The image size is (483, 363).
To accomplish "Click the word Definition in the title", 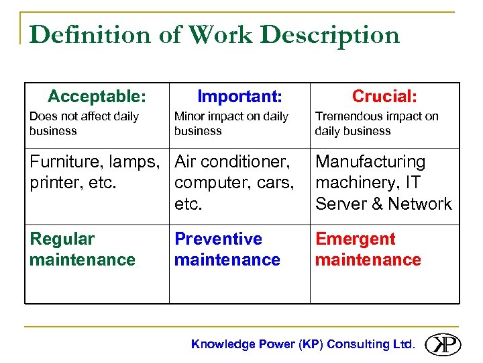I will coord(89,35).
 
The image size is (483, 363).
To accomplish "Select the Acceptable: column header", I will coord(97,96).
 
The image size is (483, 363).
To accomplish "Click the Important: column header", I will coord(239,97).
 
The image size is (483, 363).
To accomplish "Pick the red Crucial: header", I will coord(384,97).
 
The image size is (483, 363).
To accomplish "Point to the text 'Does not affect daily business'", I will coord(84,124).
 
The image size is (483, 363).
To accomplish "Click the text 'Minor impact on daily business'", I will coord(231,124).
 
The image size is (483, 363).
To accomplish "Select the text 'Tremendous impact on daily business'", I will coord(376,124).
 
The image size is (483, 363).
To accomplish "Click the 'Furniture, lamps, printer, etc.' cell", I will coord(94,172).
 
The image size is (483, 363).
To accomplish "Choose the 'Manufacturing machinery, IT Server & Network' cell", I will coord(383,183).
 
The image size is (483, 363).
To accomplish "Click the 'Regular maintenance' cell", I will coord(82,249).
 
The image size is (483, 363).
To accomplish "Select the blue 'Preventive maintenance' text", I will coord(227,249).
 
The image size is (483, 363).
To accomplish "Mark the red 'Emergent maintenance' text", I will coord(368,249).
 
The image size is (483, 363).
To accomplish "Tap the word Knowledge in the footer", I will coord(223,344).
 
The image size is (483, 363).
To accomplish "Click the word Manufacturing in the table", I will coord(370,162).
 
